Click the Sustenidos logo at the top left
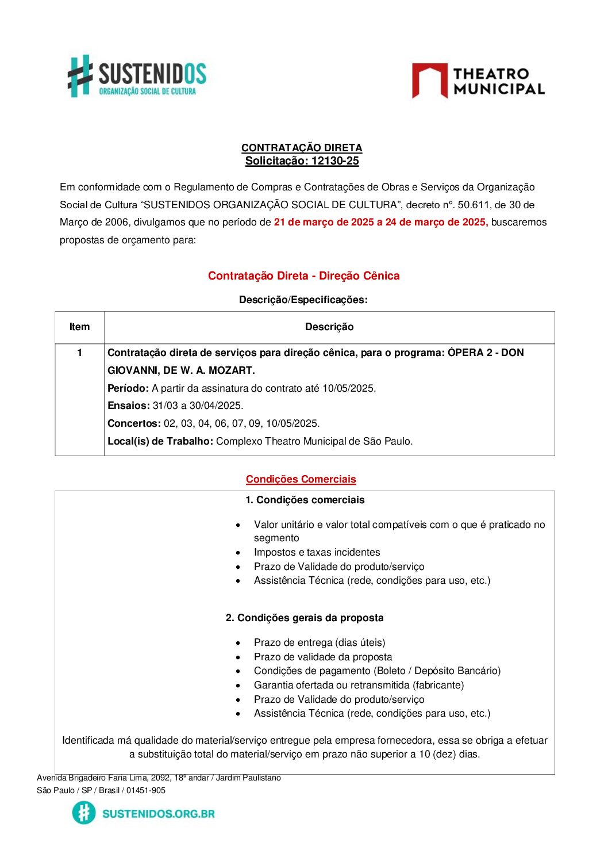click(x=137, y=76)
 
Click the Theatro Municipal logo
click(x=478, y=81)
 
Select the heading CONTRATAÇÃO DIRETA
click(x=302, y=148)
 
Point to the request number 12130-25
click(x=335, y=161)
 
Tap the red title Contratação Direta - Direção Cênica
click(x=303, y=275)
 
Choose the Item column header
click(x=79, y=327)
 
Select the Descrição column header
click(x=329, y=327)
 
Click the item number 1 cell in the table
click(x=79, y=353)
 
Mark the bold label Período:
click(x=128, y=388)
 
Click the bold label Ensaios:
click(x=129, y=405)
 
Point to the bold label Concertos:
click(x=134, y=423)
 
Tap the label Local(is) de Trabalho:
click(x=160, y=441)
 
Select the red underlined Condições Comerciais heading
click(x=301, y=479)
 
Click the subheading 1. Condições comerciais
click(x=305, y=500)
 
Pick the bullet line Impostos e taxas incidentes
click(x=317, y=552)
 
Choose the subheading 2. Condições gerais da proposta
click(x=305, y=618)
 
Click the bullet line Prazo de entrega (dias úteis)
click(x=320, y=642)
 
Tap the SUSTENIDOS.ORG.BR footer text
click(x=159, y=813)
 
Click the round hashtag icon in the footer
click(x=84, y=813)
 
